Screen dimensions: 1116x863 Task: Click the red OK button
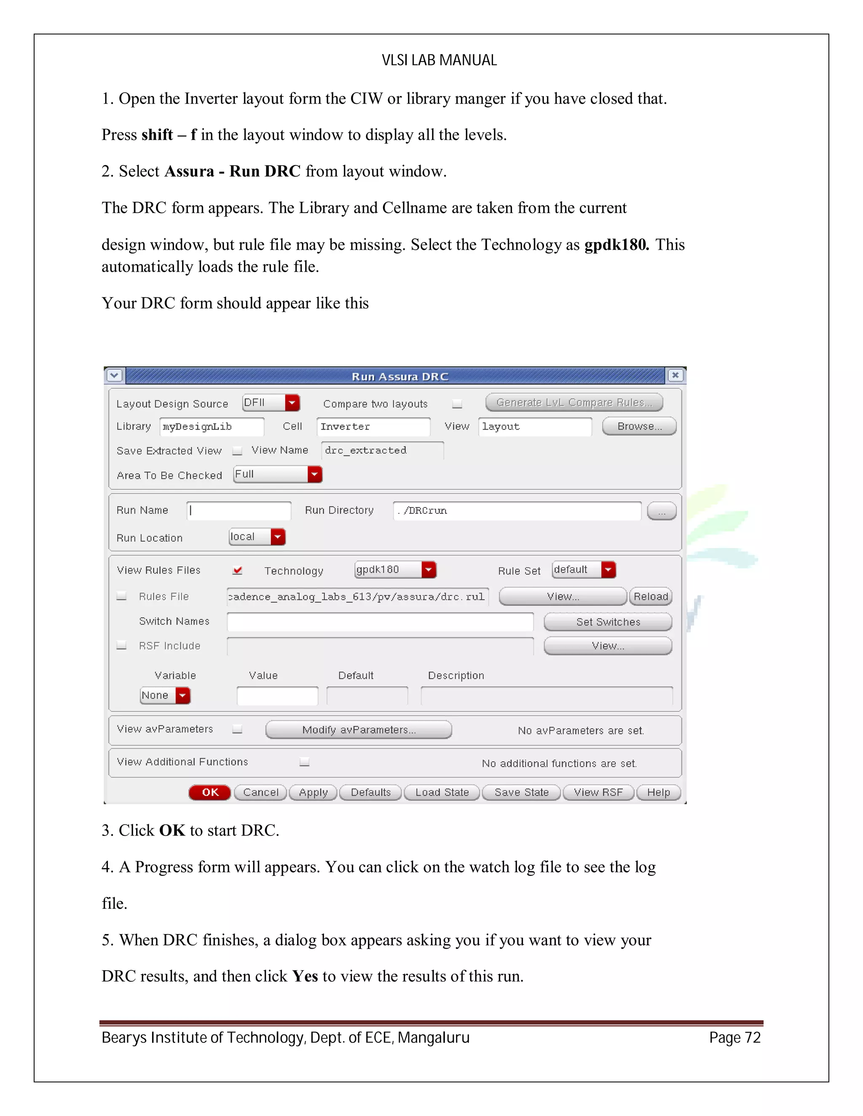[x=209, y=792]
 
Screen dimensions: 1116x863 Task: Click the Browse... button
[x=639, y=426]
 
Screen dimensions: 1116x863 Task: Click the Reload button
[x=650, y=596]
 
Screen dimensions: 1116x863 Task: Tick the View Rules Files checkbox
[x=237, y=570]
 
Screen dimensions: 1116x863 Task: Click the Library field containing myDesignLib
[x=212, y=427]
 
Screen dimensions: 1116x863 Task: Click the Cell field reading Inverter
[x=373, y=427]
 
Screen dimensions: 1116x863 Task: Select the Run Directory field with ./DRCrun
[x=516, y=510]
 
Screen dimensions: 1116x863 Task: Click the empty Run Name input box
[x=239, y=510]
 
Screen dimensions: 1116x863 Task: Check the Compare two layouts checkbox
[x=457, y=404]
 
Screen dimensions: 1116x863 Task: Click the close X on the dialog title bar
[x=675, y=375]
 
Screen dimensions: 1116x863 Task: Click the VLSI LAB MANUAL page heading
[x=439, y=60]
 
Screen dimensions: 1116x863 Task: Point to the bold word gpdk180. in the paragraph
[x=616, y=245]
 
